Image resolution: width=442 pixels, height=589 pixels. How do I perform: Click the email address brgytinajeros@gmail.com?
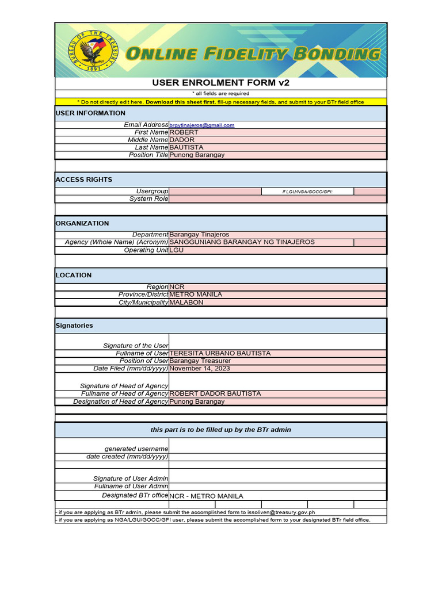click(202, 125)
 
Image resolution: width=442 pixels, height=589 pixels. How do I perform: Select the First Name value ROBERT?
click(184, 132)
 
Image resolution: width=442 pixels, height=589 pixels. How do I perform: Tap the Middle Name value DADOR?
click(182, 140)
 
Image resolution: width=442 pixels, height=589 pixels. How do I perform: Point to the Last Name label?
click(151, 147)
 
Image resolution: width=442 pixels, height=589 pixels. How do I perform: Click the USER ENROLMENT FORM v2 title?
click(220, 83)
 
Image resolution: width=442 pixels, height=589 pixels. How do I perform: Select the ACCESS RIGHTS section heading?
click(84, 179)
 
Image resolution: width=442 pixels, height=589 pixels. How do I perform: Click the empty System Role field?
click(277, 199)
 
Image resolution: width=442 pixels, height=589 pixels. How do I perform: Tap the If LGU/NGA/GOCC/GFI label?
click(307, 192)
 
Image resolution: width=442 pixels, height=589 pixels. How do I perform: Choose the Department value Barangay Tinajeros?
click(199, 235)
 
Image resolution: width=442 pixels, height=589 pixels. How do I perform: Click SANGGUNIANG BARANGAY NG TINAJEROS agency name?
click(242, 242)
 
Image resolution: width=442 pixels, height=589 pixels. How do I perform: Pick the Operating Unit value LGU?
click(177, 250)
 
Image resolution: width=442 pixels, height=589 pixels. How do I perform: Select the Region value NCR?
click(177, 286)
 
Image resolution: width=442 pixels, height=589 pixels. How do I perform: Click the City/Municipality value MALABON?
click(186, 303)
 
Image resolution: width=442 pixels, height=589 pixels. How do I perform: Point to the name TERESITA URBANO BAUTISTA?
click(220, 353)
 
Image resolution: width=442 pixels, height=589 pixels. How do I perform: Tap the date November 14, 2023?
click(200, 369)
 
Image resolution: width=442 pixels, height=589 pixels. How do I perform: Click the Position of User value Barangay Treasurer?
click(199, 361)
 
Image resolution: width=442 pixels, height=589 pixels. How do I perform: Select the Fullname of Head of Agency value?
click(215, 393)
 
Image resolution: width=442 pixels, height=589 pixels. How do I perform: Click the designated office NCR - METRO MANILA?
click(207, 496)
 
